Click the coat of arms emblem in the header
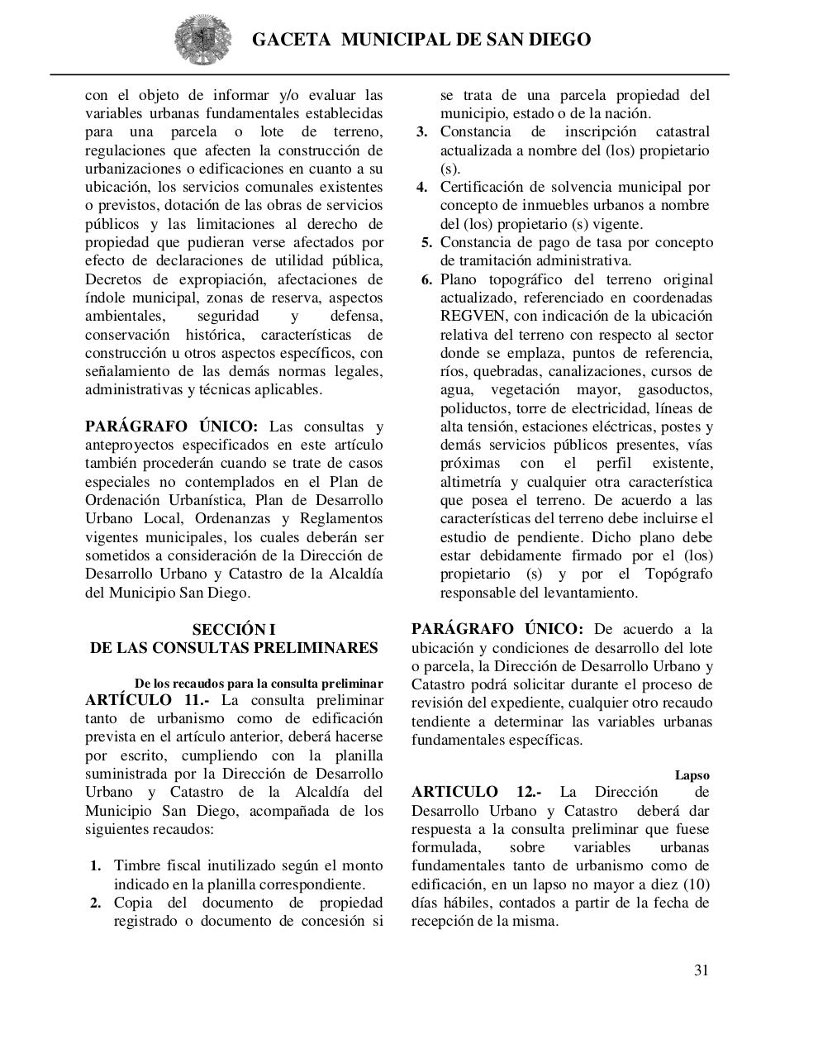click(x=204, y=39)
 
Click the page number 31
click(x=701, y=970)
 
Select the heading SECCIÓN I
click(x=234, y=629)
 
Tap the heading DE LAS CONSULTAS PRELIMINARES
click(x=234, y=647)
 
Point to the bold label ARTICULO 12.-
click(x=477, y=792)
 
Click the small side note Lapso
click(x=692, y=775)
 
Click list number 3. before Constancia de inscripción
click(x=421, y=132)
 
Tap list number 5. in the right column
click(x=427, y=242)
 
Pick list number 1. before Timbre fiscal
click(x=96, y=865)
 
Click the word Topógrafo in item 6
click(x=678, y=574)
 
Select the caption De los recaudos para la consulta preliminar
click(x=259, y=684)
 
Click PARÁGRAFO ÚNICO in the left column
click(x=172, y=427)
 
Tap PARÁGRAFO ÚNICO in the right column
click(x=497, y=629)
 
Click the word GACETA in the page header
click(x=291, y=39)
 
